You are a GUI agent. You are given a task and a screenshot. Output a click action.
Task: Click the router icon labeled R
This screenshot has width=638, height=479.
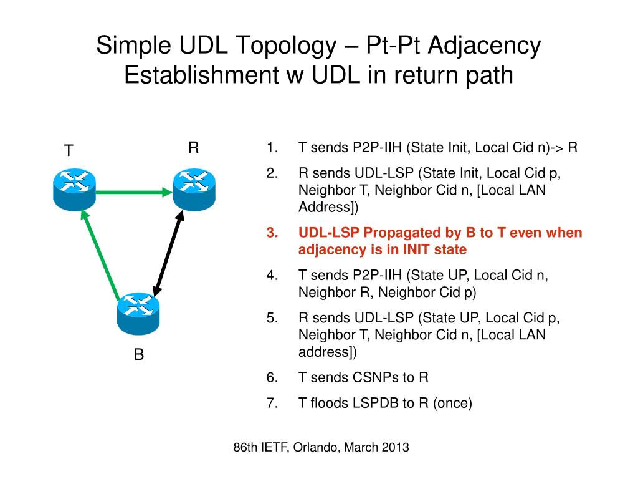pos(194,189)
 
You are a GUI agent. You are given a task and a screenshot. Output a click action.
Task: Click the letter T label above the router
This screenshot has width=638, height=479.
pos(69,151)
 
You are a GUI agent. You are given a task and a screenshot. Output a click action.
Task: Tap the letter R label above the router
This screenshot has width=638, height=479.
pos(193,148)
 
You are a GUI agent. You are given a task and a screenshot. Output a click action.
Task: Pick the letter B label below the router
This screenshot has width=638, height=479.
pos(139,355)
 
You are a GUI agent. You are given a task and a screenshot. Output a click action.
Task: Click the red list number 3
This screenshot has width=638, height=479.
pos(271,233)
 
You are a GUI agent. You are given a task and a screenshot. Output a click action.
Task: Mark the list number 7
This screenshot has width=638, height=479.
pos(271,403)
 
